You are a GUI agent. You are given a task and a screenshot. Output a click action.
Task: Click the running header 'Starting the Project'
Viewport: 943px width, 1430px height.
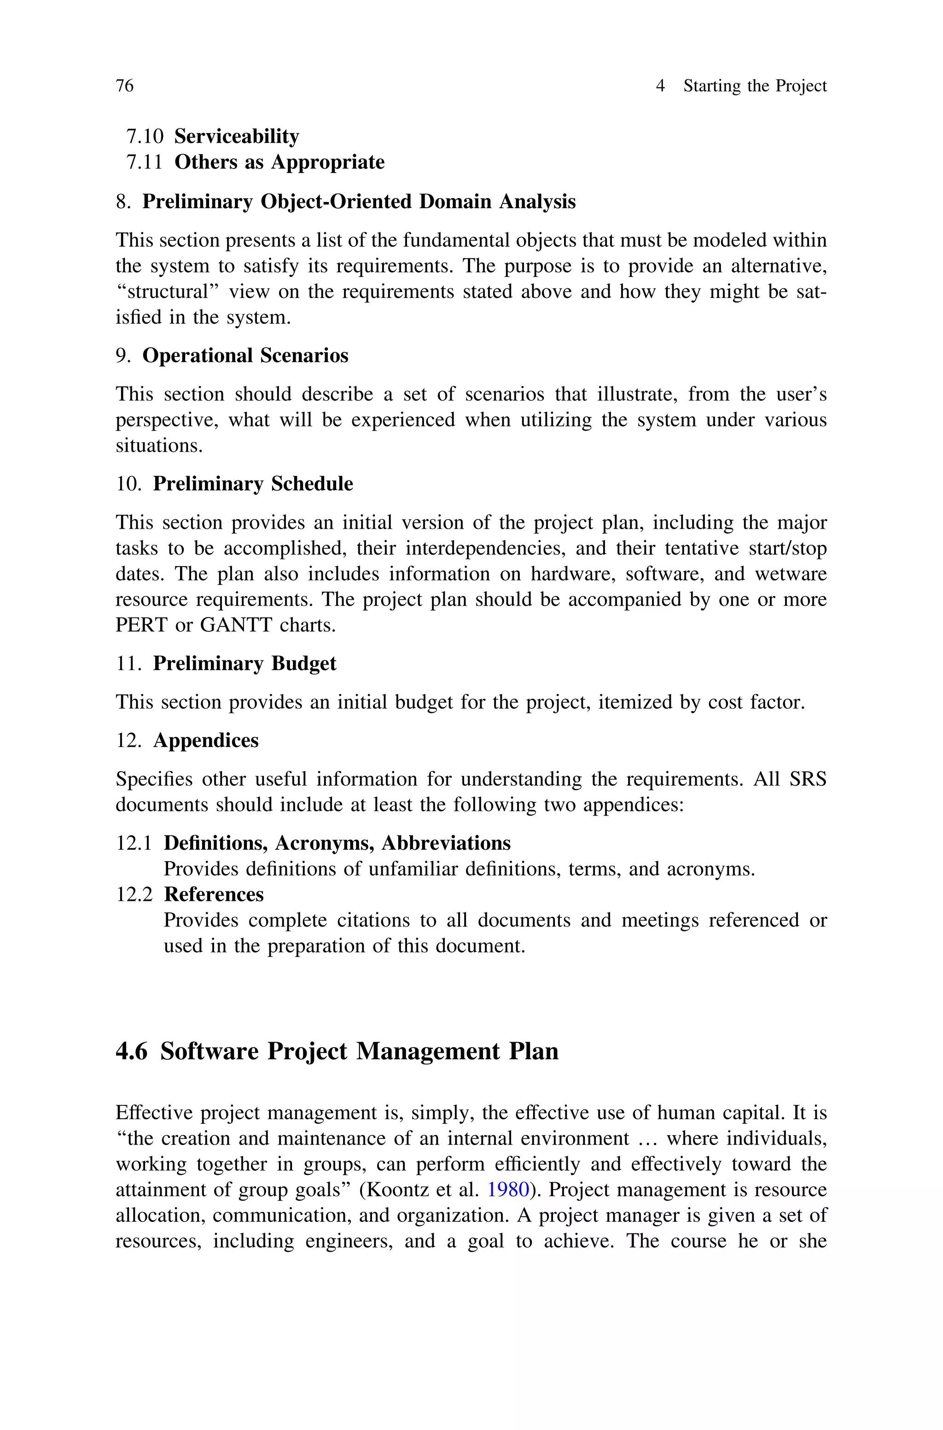click(x=755, y=86)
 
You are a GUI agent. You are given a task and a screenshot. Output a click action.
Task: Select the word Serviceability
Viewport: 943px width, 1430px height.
click(x=236, y=136)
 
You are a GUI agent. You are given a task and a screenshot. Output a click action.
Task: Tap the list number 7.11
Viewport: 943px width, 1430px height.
click(x=144, y=163)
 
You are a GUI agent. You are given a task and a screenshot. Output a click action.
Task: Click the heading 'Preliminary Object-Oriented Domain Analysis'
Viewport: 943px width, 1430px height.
click(x=358, y=201)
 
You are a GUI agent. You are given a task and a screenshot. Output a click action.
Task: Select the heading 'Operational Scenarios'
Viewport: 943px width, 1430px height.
click(x=245, y=356)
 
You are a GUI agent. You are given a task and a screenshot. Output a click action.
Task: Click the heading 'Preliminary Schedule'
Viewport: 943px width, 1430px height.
click(x=253, y=484)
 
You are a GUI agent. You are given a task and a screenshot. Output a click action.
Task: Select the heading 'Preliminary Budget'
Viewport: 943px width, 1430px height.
click(x=244, y=663)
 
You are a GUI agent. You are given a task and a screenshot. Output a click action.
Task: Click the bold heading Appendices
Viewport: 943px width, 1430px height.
click(x=206, y=740)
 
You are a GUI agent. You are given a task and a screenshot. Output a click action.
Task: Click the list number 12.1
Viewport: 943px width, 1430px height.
click(x=134, y=843)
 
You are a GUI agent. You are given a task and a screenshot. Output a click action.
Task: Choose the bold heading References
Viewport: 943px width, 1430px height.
click(x=214, y=895)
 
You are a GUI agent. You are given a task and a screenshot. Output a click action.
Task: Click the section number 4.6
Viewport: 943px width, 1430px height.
click(x=131, y=1051)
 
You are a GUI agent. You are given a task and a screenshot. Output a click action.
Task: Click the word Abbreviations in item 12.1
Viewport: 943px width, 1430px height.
click(x=446, y=843)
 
